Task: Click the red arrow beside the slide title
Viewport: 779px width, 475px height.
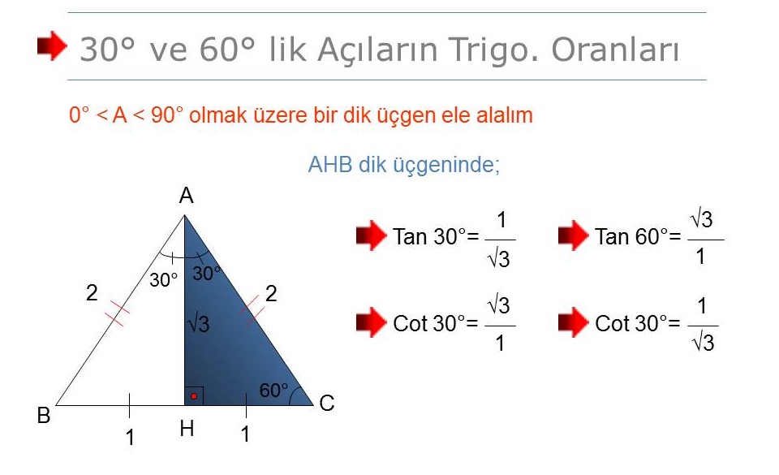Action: tap(52, 45)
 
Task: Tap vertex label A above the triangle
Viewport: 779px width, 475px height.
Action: tap(187, 196)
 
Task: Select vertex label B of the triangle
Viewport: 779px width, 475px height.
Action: tap(44, 416)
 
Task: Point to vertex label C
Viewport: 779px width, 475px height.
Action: tap(327, 404)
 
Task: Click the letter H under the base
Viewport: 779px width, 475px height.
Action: tap(187, 428)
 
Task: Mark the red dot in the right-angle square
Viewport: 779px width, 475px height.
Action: tap(194, 396)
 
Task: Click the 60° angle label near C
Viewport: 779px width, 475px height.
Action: tap(273, 390)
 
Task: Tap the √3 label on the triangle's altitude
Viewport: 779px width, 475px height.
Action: tap(198, 324)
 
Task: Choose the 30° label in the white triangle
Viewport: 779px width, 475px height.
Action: tap(163, 280)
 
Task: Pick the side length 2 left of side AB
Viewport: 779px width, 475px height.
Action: tap(92, 292)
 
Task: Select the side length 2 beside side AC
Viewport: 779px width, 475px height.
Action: tap(271, 294)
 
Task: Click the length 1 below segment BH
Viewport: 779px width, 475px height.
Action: tap(130, 438)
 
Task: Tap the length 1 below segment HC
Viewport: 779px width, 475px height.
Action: tap(245, 434)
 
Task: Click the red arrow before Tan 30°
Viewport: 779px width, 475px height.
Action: tap(371, 235)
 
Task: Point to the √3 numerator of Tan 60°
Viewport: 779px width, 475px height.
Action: tap(701, 219)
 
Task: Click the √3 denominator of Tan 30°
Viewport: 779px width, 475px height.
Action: tap(499, 259)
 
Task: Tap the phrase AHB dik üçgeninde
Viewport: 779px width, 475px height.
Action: tap(404, 165)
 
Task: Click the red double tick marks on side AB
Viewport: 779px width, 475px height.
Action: tap(117, 313)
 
